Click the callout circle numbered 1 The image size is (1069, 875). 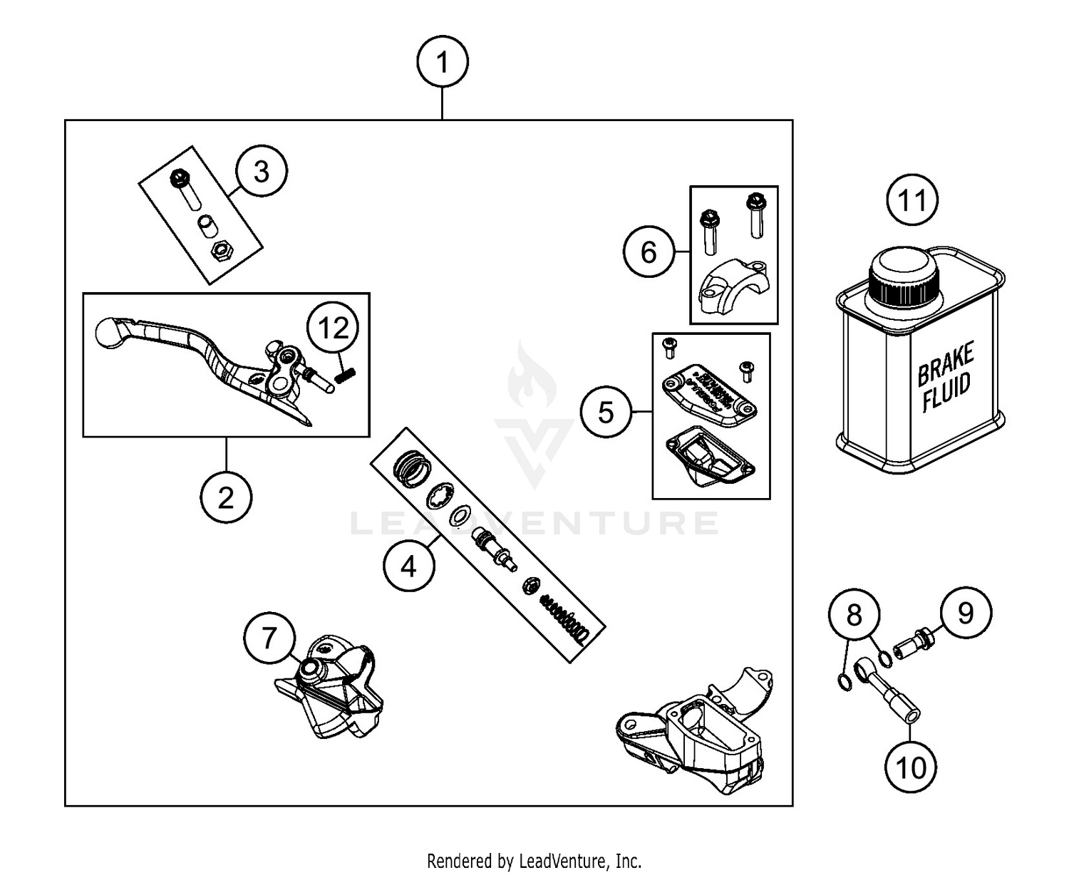(x=443, y=62)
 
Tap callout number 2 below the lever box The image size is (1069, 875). (x=226, y=497)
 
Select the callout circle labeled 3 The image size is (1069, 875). (x=262, y=172)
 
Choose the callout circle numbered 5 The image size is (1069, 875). (x=606, y=412)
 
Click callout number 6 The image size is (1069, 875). (x=649, y=252)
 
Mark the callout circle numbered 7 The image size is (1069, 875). (x=269, y=637)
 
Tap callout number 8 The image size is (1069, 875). (x=854, y=614)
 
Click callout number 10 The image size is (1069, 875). (x=911, y=767)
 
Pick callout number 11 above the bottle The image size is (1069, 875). (x=913, y=200)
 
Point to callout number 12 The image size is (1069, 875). (x=333, y=328)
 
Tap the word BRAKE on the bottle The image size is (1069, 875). (x=945, y=364)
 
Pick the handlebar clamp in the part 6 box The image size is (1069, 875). (x=734, y=286)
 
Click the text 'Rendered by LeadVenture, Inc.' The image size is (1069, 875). (x=534, y=861)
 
